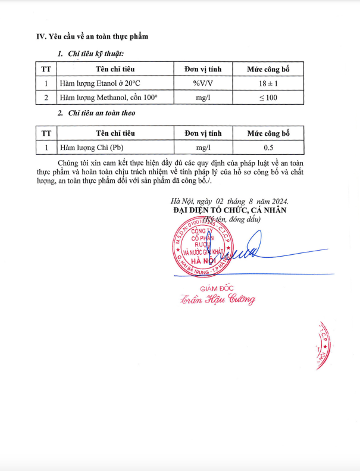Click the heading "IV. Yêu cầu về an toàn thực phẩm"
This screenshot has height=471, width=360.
92,36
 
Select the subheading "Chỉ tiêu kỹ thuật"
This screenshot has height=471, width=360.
95,54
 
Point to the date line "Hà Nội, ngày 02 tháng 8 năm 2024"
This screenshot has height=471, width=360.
228,201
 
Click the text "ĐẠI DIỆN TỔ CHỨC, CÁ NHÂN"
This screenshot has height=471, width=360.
230,210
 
